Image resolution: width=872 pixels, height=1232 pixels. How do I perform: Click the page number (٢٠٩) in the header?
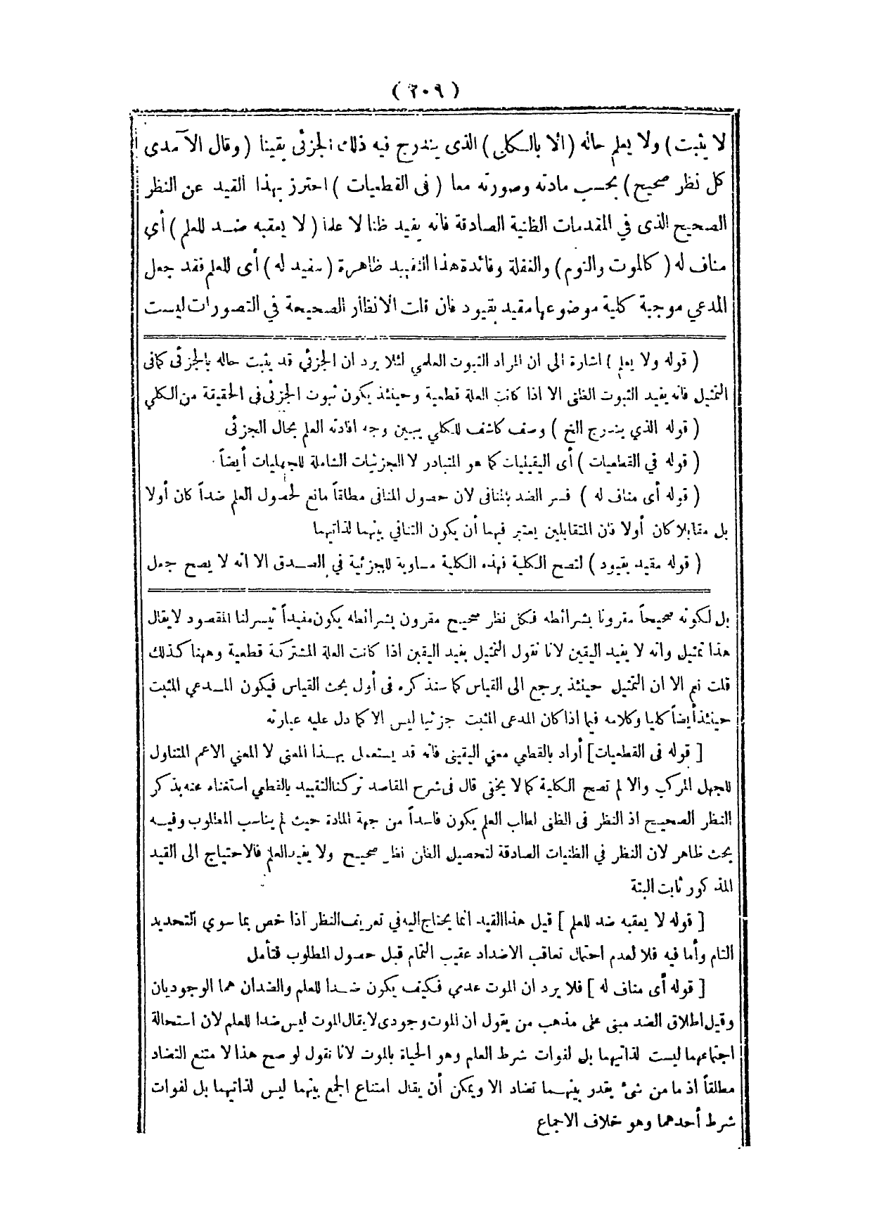coord(426,91)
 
